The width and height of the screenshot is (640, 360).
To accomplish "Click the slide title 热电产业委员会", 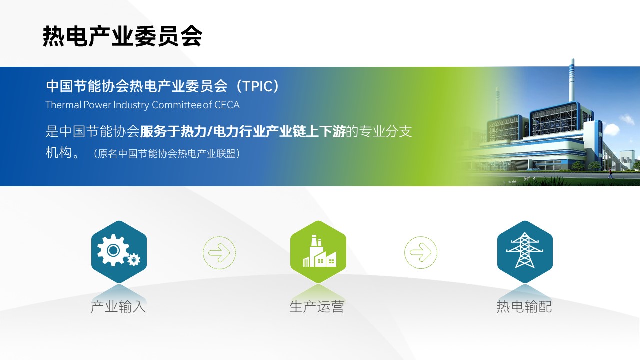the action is click(x=122, y=36).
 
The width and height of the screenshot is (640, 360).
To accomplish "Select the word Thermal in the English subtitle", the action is click(x=63, y=105).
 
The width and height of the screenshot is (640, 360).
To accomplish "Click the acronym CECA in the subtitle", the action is click(x=227, y=105).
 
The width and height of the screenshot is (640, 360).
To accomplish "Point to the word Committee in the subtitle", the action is click(x=177, y=105).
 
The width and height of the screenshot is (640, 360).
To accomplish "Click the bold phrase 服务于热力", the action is click(x=173, y=131).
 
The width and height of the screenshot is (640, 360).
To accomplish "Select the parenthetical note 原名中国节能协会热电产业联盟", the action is click(x=167, y=154).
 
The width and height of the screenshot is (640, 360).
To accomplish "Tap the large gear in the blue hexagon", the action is click(x=113, y=250).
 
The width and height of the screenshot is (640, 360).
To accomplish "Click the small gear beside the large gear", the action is click(x=134, y=259).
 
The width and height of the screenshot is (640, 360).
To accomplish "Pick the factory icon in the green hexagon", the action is click(x=319, y=251).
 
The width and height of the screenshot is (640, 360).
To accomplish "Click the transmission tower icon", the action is click(x=525, y=250).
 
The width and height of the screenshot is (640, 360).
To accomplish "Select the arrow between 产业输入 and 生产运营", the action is click(x=219, y=253).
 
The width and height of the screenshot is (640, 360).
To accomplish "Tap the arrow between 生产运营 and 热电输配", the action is click(x=421, y=252).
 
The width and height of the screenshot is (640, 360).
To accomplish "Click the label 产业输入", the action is click(x=118, y=307).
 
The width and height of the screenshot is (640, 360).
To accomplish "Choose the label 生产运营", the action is click(x=317, y=307).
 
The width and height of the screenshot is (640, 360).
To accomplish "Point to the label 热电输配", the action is click(x=524, y=307).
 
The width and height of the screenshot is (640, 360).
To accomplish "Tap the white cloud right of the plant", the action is click(x=611, y=129).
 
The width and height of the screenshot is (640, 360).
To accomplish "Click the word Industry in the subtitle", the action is click(x=131, y=105).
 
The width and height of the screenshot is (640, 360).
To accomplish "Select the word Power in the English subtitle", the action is click(x=97, y=105).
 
